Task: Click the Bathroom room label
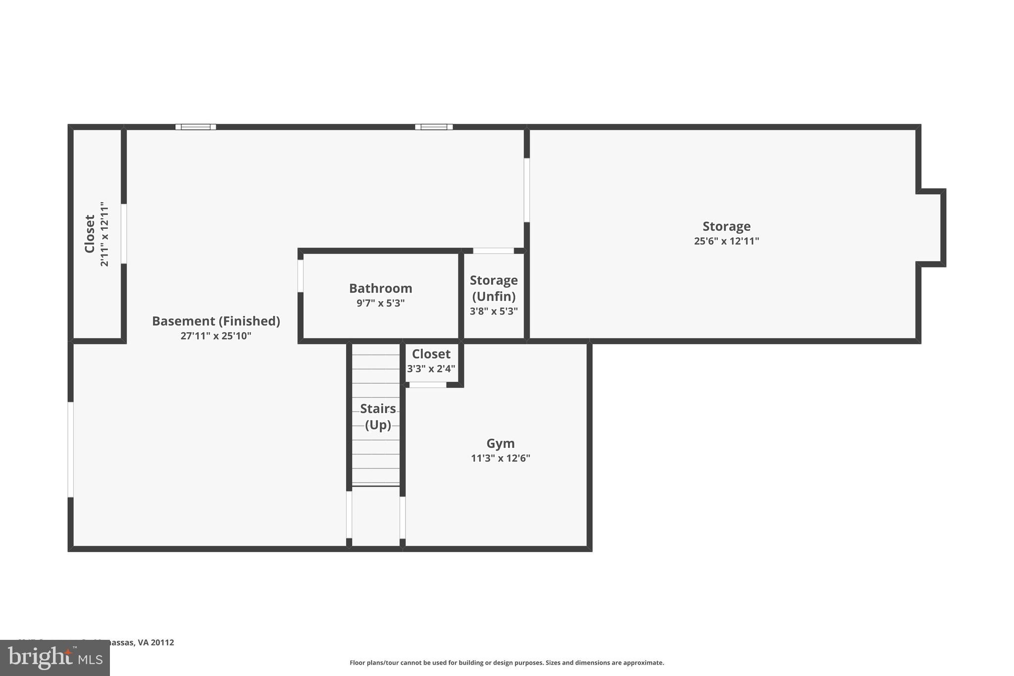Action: tap(380, 288)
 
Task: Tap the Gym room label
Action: tap(500, 443)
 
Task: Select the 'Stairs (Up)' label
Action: tap(378, 416)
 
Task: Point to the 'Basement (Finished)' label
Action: tap(216, 321)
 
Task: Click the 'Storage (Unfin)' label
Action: tap(494, 288)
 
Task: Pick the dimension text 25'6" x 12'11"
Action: tap(726, 241)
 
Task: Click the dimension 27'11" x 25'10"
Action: tap(216, 336)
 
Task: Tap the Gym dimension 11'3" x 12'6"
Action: tap(500, 458)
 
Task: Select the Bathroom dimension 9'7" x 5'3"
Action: tap(380, 303)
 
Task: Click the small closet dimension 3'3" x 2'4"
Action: tap(431, 369)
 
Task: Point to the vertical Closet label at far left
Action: tap(90, 234)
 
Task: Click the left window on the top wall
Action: tap(196, 127)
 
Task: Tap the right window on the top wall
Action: tap(434, 127)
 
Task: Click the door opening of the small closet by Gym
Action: tap(428, 385)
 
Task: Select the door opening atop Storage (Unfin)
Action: tap(493, 251)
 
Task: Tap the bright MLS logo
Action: tap(54, 658)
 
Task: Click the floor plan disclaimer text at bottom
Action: tap(507, 663)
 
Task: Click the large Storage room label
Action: tap(726, 226)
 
